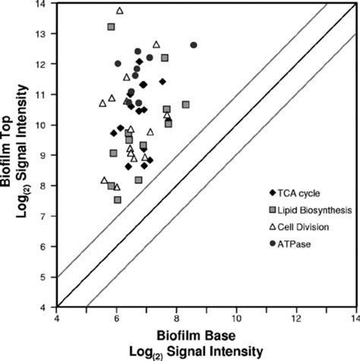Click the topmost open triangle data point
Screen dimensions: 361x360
coord(119,11)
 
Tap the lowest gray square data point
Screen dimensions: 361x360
coord(118,200)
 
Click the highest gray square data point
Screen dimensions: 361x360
coord(111,27)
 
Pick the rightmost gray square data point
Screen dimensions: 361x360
coord(185,104)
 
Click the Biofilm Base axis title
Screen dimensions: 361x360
coord(205,336)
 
